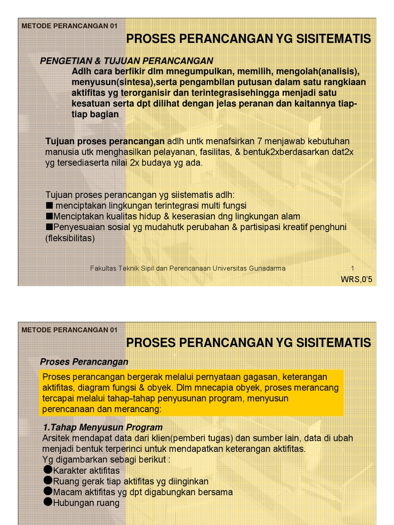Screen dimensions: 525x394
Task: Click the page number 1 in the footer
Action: [x=352, y=268]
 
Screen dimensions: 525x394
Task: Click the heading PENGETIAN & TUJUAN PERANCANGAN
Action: [x=126, y=61]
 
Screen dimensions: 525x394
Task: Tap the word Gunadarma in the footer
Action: [x=266, y=268]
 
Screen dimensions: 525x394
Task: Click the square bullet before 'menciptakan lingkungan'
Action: [x=49, y=206]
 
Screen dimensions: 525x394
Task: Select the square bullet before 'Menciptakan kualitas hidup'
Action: [x=49, y=216]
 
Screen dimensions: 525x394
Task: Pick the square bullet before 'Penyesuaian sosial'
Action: [x=49, y=227]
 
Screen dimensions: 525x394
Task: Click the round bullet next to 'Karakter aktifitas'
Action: [x=48, y=470]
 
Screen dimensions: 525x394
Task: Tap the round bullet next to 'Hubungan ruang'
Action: [x=48, y=502]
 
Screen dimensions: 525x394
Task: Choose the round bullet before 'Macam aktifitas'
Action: [x=48, y=492]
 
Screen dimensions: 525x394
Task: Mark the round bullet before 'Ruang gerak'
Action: [x=48, y=481]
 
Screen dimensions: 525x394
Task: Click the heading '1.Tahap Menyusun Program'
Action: [x=103, y=427]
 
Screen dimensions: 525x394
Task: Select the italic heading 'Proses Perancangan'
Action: [x=84, y=362]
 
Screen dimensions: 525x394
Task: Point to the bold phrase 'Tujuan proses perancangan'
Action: [x=105, y=141]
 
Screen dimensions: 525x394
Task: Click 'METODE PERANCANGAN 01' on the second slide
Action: [x=69, y=330]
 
